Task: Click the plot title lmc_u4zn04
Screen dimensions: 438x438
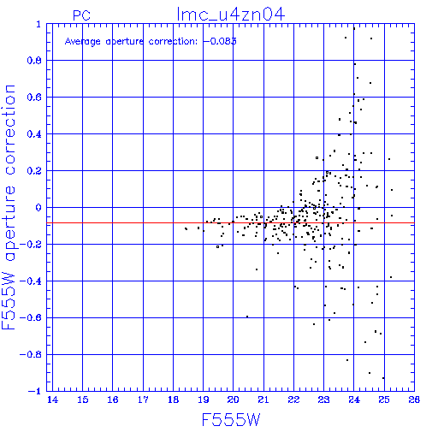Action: pos(231,15)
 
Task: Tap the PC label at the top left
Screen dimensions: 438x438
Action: pos(81,15)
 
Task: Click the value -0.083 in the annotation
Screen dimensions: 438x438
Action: pos(220,41)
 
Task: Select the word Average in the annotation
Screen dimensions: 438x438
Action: pos(83,42)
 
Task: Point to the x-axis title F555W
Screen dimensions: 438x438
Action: pos(231,420)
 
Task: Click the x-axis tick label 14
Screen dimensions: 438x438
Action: pos(52,400)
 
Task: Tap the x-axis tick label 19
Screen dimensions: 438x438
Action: pos(204,400)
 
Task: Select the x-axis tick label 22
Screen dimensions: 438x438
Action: pos(293,400)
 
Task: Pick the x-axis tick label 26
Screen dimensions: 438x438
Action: pos(414,400)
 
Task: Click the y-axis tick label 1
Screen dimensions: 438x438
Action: pos(38,24)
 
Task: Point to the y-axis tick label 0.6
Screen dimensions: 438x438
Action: pos(34,98)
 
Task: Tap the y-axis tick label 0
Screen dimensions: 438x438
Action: pos(38,208)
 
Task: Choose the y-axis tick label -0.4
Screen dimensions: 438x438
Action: pos(31,281)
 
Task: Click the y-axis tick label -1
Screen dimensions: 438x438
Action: pos(35,391)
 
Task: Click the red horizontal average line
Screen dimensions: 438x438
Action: pos(230,222)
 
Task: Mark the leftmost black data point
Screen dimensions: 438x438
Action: pos(186,228)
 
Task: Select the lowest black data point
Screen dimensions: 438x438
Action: pos(383,378)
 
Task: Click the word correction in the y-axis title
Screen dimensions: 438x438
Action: pos(9,130)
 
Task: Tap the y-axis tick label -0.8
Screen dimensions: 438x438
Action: pos(31,354)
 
